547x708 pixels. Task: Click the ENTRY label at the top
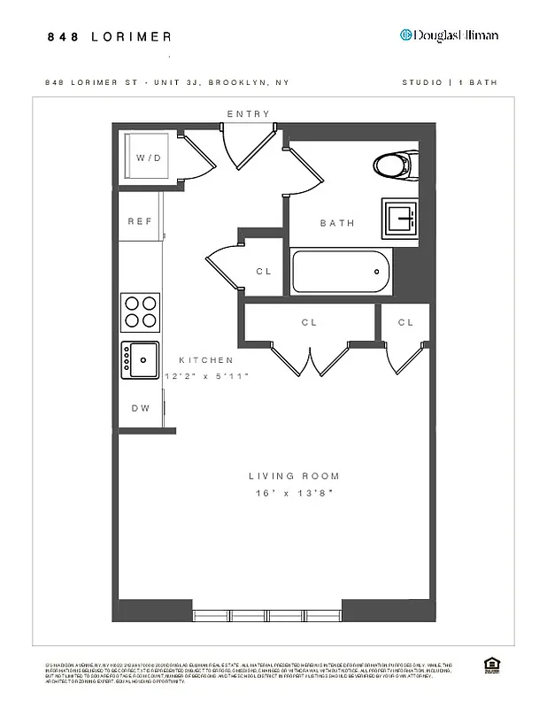click(248, 114)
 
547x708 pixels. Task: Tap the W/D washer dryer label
click(149, 158)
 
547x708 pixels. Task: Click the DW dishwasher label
click(141, 408)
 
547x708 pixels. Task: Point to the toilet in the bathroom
click(394, 165)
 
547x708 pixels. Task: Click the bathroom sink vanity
click(403, 218)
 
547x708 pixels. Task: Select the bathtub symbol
click(341, 272)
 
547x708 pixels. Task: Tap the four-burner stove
click(141, 312)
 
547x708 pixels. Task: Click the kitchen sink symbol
click(141, 359)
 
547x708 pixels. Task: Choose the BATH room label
click(337, 223)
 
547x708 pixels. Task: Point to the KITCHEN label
click(206, 360)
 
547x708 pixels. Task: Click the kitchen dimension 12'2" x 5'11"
click(207, 376)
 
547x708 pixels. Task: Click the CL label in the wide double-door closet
click(309, 323)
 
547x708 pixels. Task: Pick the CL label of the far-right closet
click(405, 323)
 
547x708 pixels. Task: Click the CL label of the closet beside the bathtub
click(264, 272)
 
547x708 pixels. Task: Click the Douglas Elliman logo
click(449, 35)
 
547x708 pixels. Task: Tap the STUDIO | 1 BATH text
click(449, 82)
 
